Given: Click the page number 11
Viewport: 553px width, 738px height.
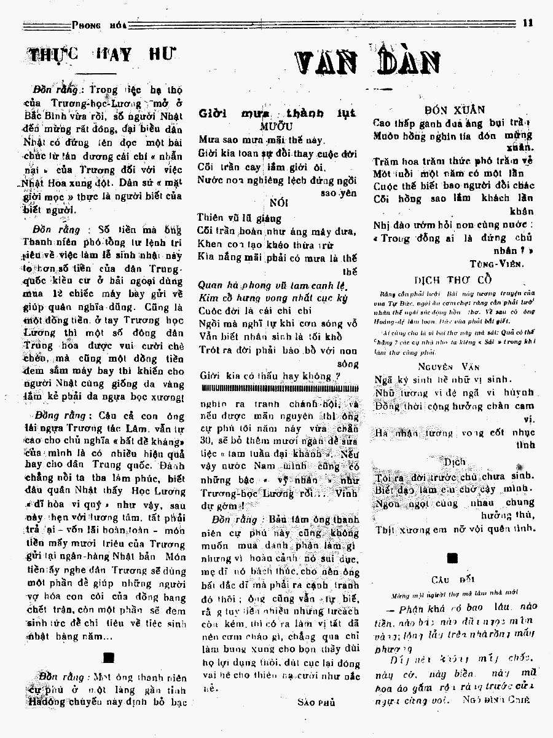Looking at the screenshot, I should (x=528, y=25).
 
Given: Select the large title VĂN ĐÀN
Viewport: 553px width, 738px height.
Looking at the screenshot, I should (x=369, y=62).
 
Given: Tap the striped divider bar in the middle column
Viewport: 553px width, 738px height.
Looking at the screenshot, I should (x=278, y=389).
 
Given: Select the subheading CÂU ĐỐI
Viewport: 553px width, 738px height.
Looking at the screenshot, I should (x=453, y=579).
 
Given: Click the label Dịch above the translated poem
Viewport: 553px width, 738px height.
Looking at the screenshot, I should (x=455, y=461).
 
